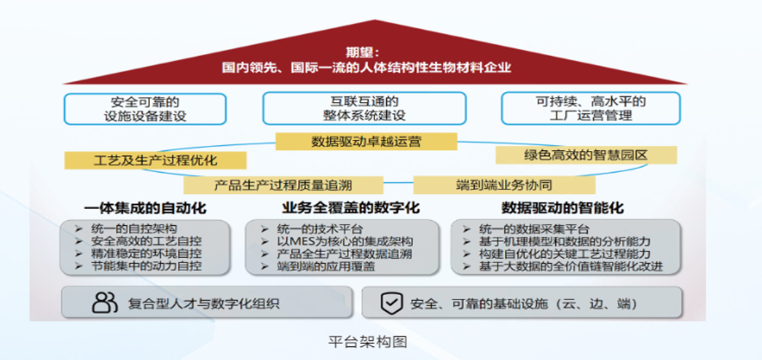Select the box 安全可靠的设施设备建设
(x=146, y=109)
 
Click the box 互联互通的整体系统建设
(x=364, y=109)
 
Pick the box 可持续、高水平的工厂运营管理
(x=591, y=109)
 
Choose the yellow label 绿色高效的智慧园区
(x=586, y=155)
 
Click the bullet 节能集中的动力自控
(x=146, y=267)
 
